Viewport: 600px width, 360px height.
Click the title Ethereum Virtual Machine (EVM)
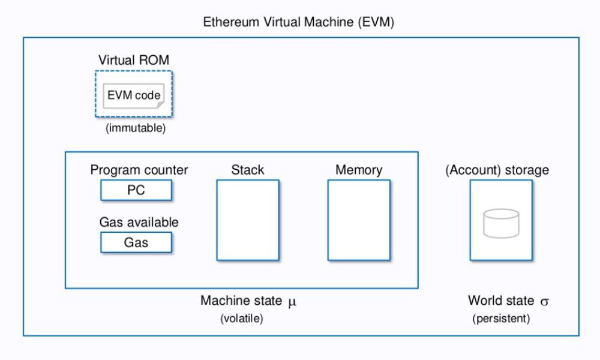pyautogui.click(x=298, y=23)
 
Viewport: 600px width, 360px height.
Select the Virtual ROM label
pyautogui.click(x=133, y=60)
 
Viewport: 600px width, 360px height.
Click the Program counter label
pyautogui.click(x=139, y=170)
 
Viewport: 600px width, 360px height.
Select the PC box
pyautogui.click(x=136, y=190)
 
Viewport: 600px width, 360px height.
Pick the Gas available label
pyautogui.click(x=139, y=222)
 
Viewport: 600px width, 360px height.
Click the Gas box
pyautogui.click(x=136, y=242)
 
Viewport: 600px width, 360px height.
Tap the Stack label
pyautogui.click(x=247, y=170)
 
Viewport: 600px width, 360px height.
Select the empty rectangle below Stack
pyautogui.click(x=248, y=220)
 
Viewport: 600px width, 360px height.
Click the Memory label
pyautogui.click(x=359, y=170)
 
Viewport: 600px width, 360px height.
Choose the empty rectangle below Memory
pyautogui.click(x=359, y=220)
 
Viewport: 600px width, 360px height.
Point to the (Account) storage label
pyautogui.click(x=497, y=170)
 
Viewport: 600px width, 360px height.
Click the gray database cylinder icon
pyautogui.click(x=501, y=223)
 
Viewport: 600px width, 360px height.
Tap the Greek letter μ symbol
pyautogui.click(x=292, y=301)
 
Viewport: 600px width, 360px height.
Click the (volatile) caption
pyautogui.click(x=242, y=319)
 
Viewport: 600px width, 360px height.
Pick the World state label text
pyautogui.click(x=502, y=301)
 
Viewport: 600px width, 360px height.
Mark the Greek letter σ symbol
pyautogui.click(x=544, y=301)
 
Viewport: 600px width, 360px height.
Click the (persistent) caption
pyautogui.click(x=501, y=319)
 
